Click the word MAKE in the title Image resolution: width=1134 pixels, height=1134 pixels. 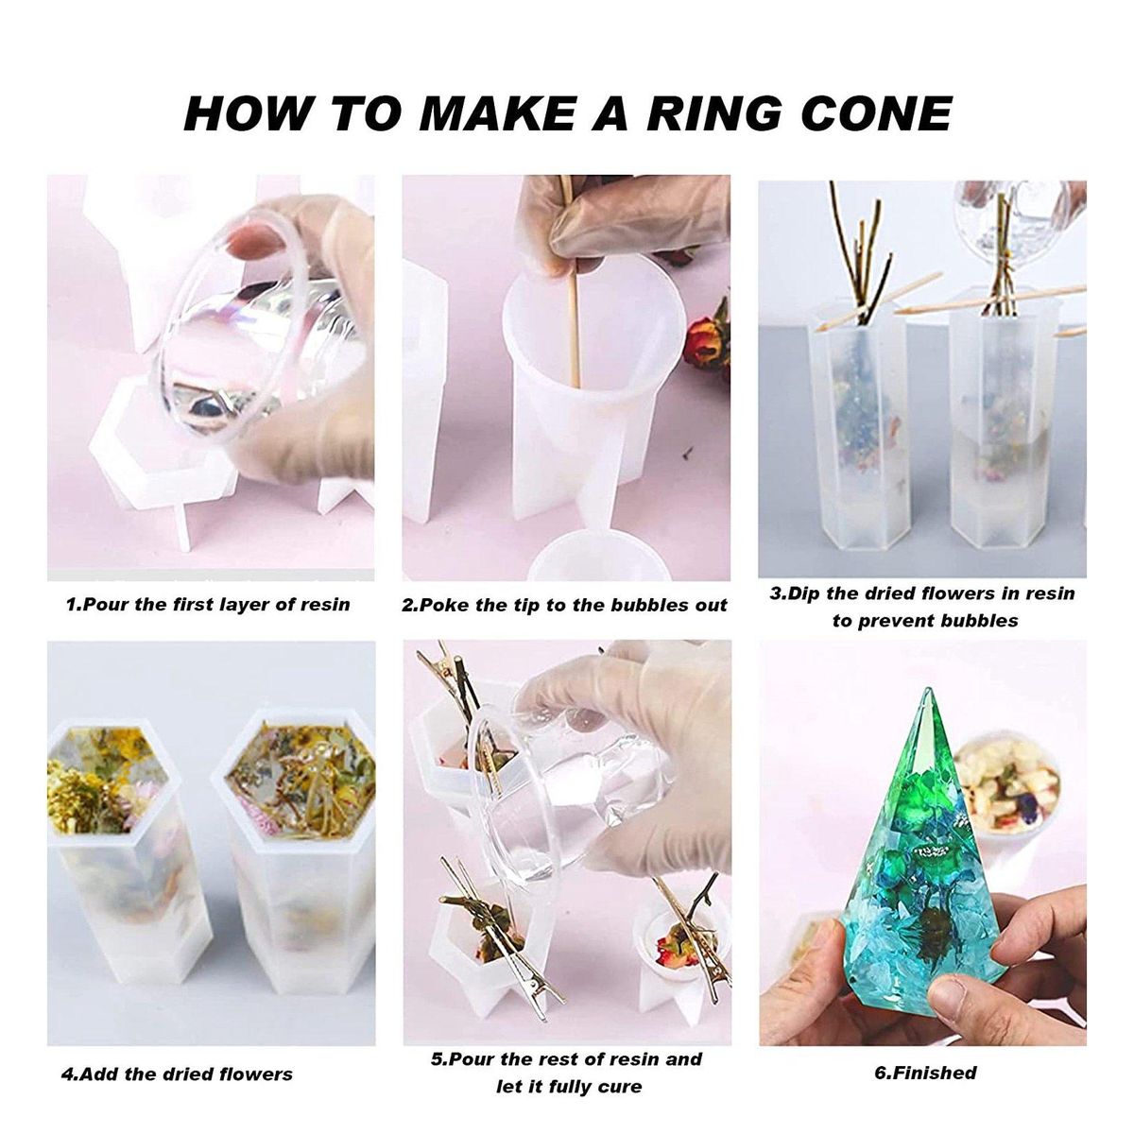[496, 113]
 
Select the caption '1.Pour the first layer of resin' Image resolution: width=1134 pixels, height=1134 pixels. [208, 605]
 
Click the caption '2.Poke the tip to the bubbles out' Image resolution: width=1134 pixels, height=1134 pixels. [564, 605]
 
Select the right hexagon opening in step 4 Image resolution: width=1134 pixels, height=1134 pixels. [301, 777]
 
